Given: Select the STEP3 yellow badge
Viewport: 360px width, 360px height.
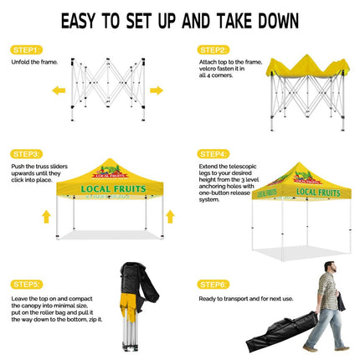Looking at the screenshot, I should point(27,154).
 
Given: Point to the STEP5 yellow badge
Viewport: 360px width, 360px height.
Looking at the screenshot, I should point(27,284).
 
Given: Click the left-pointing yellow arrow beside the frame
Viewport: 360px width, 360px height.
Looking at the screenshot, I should point(59,90).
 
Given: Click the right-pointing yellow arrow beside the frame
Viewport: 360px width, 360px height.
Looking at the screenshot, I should point(157,90).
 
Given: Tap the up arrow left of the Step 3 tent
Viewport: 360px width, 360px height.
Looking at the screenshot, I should point(46,217).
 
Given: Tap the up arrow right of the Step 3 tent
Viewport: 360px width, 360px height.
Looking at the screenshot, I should point(170,217).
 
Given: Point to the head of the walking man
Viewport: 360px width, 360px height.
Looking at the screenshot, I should point(329,267).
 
